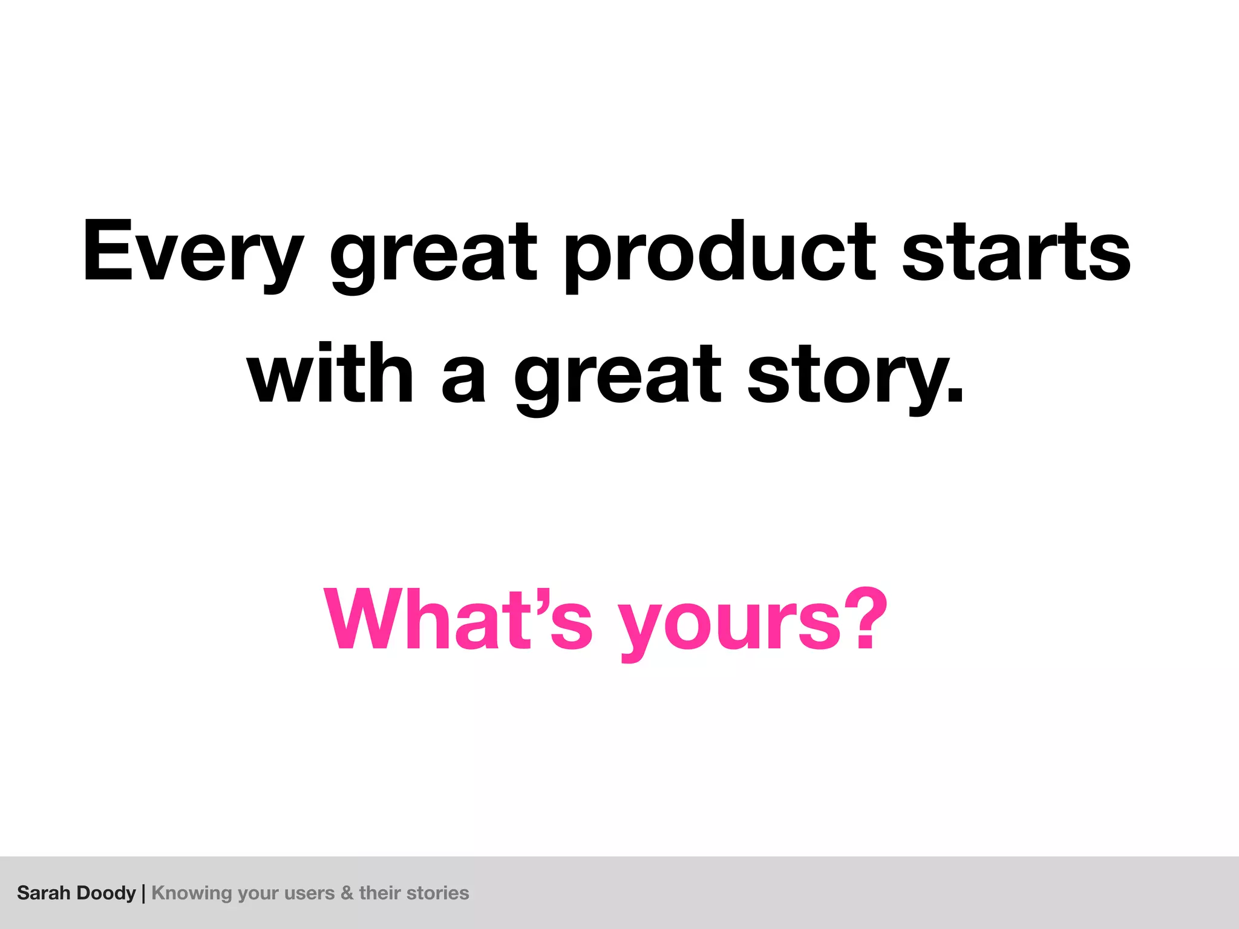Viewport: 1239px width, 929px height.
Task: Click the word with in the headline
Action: [330, 374]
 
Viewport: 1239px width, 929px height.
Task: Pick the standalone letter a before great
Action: [463, 378]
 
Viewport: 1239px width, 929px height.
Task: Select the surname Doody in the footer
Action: [106, 893]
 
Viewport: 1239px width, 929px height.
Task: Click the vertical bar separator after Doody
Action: [143, 893]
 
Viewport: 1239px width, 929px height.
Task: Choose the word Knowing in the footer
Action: [192, 893]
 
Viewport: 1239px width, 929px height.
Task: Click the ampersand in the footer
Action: [347, 893]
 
